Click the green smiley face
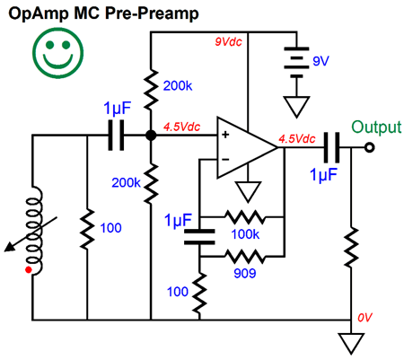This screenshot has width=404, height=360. click(57, 53)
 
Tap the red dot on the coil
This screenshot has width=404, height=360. click(29, 270)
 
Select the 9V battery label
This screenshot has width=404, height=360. click(321, 61)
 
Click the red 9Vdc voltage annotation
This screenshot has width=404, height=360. click(228, 41)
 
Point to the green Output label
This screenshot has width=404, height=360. click(376, 127)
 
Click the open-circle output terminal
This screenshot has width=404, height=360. click(370, 147)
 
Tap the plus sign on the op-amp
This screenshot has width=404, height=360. click(225, 135)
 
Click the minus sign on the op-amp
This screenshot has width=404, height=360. click(225, 160)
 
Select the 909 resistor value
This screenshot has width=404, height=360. click(245, 273)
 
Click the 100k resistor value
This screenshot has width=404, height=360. click(245, 234)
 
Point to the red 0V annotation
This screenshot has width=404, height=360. click(365, 318)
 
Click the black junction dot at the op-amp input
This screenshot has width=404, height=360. click(151, 136)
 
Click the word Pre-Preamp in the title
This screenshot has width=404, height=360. click(152, 13)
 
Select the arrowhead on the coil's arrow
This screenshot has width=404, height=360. click(10, 247)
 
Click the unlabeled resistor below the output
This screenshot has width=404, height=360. click(351, 247)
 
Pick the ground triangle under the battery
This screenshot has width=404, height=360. click(296, 107)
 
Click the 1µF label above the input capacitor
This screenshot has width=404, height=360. click(118, 109)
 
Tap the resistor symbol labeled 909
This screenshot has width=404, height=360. click(245, 257)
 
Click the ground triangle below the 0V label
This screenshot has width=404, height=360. click(351, 344)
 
